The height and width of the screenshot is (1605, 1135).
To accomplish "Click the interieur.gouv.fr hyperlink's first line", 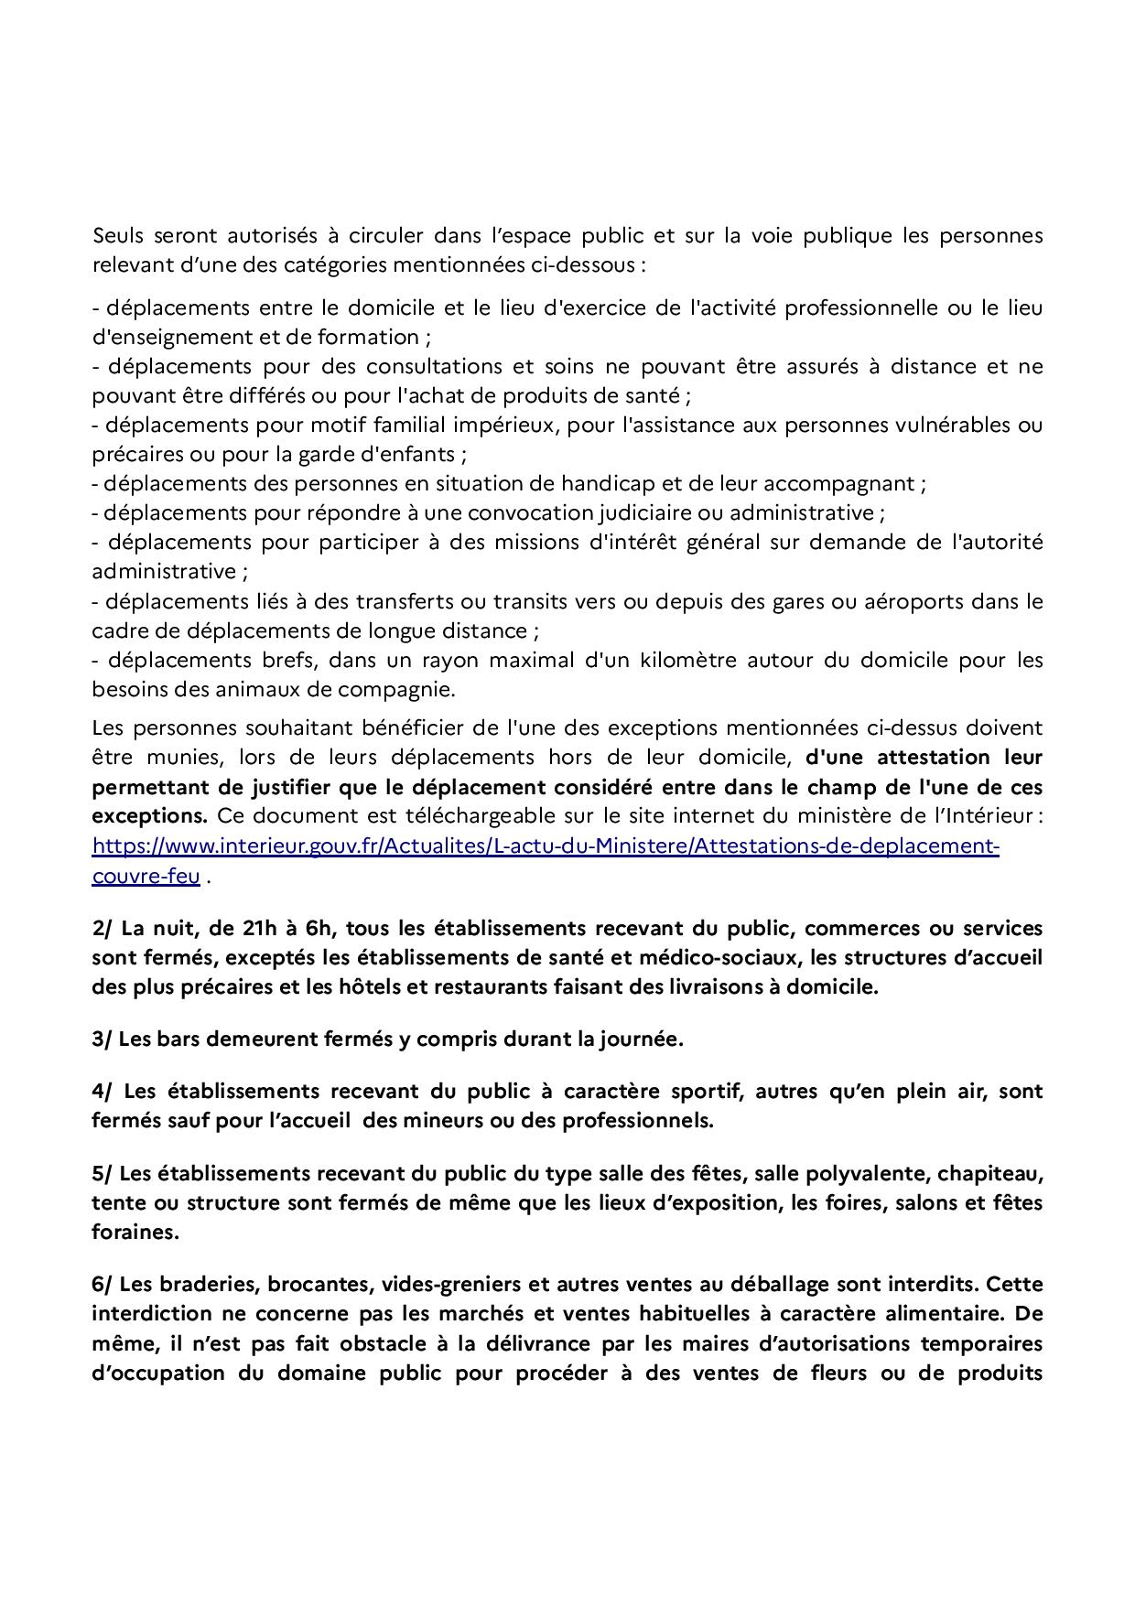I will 546,846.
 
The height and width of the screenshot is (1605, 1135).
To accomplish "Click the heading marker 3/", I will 103,1039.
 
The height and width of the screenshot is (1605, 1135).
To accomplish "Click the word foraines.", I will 135,1232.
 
